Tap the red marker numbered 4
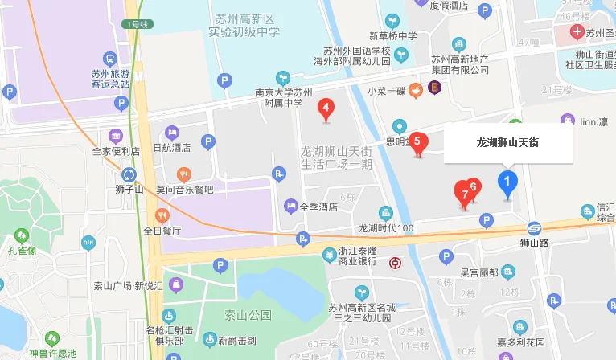[326, 108]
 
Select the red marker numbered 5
[417, 141]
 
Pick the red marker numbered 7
[463, 194]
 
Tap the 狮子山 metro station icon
[129, 174]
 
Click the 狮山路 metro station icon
[534, 227]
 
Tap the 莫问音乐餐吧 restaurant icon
[184, 174]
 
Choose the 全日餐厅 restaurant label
[162, 231]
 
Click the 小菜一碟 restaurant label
[385, 90]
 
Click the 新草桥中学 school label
[392, 36]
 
